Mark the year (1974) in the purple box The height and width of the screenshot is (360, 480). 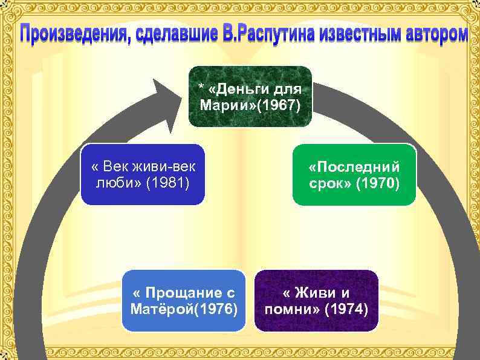(x=346, y=310)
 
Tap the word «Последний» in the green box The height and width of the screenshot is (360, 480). (x=354, y=167)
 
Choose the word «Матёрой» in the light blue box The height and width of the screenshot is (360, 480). (x=160, y=310)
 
